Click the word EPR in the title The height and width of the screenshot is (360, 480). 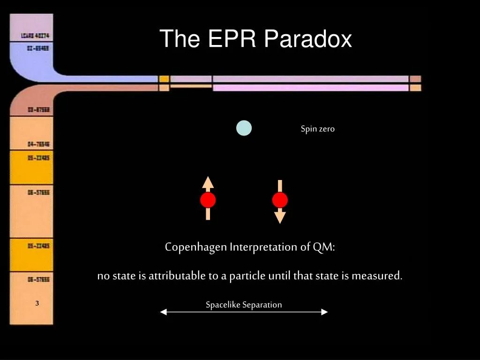[x=232, y=39]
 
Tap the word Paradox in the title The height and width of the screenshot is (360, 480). [x=307, y=39]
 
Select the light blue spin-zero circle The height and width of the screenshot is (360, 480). [x=244, y=128]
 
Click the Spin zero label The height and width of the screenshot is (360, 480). [x=317, y=129]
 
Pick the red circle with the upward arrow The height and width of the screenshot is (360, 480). [x=208, y=200]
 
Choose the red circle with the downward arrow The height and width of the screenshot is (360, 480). [x=280, y=201]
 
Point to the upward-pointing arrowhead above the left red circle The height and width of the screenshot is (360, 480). [x=208, y=182]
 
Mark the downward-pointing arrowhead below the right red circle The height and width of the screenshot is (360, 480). [x=280, y=217]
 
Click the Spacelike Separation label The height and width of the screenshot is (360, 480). [x=244, y=305]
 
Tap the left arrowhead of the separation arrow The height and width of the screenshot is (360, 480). [x=163, y=312]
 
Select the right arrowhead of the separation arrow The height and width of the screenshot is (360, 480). [x=324, y=312]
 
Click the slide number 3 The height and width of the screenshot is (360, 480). [x=37, y=303]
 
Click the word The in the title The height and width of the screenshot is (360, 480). [x=180, y=39]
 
